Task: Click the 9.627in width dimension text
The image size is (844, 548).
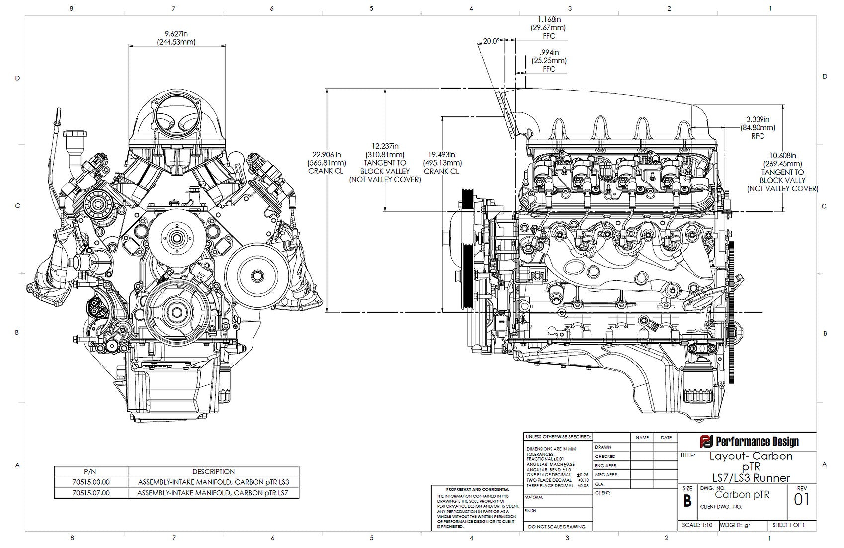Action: coord(176,34)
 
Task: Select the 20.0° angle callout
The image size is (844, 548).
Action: coord(491,41)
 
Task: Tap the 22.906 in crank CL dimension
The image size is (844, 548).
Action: coord(327,154)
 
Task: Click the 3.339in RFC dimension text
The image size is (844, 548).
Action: coord(758,119)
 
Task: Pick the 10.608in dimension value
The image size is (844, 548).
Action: coord(782,155)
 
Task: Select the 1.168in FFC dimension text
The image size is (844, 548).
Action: coord(549,19)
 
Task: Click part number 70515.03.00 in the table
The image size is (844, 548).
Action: coord(91,482)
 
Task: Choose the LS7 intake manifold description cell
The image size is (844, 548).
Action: coord(213,493)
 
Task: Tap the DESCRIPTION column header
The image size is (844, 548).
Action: coord(213,471)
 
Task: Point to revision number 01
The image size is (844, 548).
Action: coord(801,500)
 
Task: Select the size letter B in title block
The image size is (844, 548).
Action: coord(687,501)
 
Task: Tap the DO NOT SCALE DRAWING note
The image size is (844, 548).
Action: coord(557,526)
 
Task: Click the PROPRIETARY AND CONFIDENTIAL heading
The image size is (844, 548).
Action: coord(478,489)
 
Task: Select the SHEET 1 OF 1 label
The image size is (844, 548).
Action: coord(788,525)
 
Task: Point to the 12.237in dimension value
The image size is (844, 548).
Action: coord(385,146)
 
